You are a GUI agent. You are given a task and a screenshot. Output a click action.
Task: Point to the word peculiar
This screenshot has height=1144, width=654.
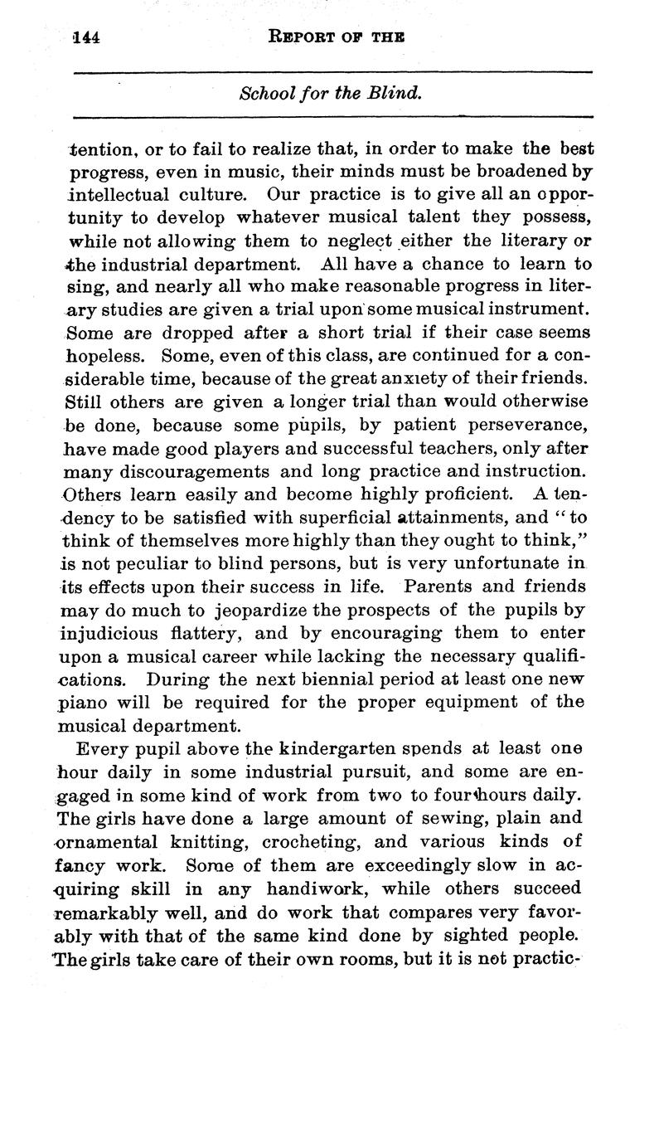tap(144, 563)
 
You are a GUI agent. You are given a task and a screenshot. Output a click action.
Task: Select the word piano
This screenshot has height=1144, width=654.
tap(85, 702)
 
